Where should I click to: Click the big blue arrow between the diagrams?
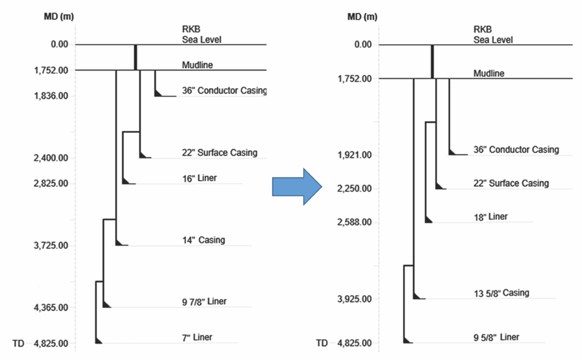[x=297, y=186]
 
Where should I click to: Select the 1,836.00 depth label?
[x=51, y=96]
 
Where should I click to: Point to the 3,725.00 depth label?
[x=51, y=246]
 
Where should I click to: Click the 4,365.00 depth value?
[x=51, y=308]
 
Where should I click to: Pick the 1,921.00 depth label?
[x=355, y=155]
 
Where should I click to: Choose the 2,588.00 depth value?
[x=355, y=222]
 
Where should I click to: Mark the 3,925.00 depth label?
[x=355, y=299]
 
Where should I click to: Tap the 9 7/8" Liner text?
[x=201, y=301]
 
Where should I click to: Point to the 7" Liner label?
[x=193, y=337]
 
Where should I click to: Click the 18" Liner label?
[x=490, y=217]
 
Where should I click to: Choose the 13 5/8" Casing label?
[x=501, y=293]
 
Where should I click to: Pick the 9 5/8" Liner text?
[x=496, y=337]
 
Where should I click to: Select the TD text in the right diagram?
[x=322, y=344]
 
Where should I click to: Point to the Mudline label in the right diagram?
[x=489, y=73]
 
